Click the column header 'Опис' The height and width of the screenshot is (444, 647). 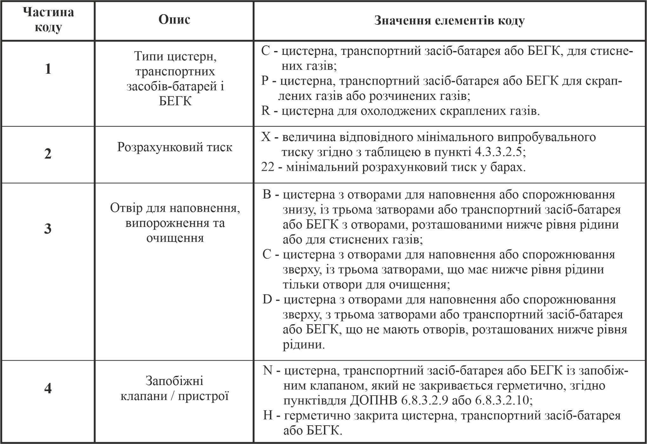coord(174,20)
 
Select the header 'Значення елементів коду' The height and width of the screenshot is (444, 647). coord(449,20)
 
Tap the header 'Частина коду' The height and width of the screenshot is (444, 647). coord(48,20)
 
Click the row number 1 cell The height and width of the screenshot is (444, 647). coord(48,69)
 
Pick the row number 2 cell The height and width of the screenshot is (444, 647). coord(48,154)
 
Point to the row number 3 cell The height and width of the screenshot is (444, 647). coord(48,228)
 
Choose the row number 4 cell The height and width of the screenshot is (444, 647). coord(48,388)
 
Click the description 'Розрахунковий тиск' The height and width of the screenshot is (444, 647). coord(175,147)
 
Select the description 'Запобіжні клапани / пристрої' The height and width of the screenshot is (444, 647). coord(175,388)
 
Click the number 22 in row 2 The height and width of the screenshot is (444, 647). coord(267,167)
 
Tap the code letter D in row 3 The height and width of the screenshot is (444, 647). coord(267,299)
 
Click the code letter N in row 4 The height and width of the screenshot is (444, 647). coord(267,370)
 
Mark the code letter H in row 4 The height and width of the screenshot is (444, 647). coord(268,415)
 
